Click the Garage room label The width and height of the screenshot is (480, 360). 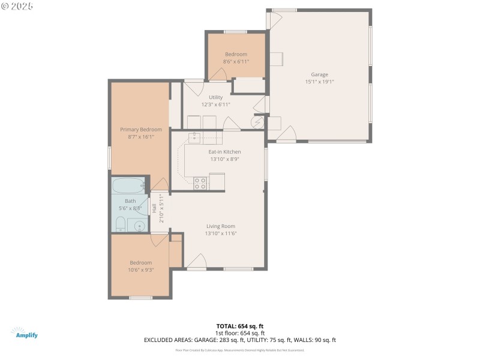pos(319,74)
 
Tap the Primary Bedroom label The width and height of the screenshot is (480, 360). pos(141,129)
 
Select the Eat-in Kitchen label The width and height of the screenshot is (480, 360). pos(224,152)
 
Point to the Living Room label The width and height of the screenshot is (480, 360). pos(220,226)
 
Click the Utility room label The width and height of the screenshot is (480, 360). pos(215,97)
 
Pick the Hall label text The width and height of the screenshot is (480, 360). pos(154,209)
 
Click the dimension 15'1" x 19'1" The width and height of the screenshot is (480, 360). pos(319,82)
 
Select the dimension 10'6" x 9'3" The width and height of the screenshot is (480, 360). pos(141,270)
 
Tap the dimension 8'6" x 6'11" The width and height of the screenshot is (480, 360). pos(236,61)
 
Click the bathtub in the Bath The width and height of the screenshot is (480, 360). pos(128,185)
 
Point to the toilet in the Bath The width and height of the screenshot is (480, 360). pos(119,225)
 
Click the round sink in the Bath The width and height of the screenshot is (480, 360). pos(139,226)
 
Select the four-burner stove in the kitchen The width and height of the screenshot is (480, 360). pos(200,182)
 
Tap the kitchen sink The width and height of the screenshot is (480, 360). pos(194,138)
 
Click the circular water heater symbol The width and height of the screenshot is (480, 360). pos(257,122)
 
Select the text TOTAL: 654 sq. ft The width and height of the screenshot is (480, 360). pos(240,326)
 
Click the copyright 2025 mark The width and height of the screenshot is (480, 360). pos(17,5)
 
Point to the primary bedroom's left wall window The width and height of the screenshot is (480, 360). pos(109,157)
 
